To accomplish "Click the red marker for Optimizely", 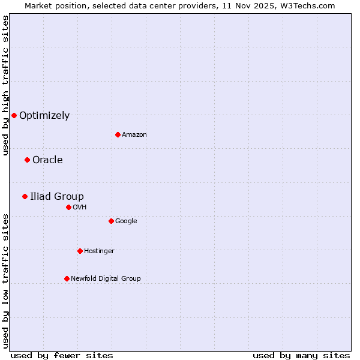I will tap(14, 115).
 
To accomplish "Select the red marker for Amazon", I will tap(118, 134).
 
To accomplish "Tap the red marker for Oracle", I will tap(27, 160).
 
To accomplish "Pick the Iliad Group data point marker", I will tap(25, 196).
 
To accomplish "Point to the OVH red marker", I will tap(68, 207).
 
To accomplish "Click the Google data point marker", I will tap(111, 221).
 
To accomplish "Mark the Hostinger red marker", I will tap(80, 251).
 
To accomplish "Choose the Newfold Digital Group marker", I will tap(67, 278).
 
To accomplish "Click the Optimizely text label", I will tap(44, 116).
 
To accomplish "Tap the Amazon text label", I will tap(134, 135).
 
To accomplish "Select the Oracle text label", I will tap(47, 160).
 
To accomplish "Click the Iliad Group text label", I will tap(57, 197).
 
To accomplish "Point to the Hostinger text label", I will tap(99, 251).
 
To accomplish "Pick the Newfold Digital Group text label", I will tap(106, 279).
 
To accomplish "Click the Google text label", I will tap(126, 221).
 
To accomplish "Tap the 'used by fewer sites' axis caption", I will tap(62, 356).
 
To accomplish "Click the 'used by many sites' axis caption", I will tap(301, 356).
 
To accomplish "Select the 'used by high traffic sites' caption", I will tap(5, 85).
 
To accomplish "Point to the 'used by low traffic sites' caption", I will tap(5, 281).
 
